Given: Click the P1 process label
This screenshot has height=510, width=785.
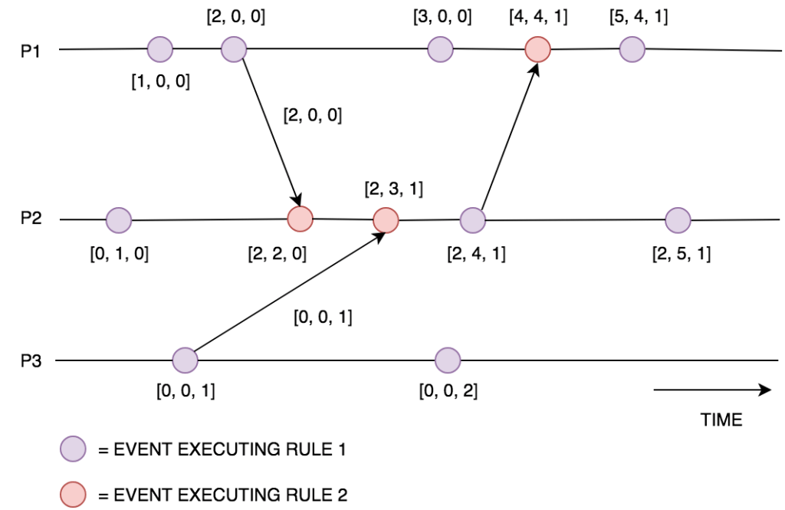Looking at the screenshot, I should tap(30, 51).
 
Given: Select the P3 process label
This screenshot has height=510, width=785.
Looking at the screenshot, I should tap(30, 360).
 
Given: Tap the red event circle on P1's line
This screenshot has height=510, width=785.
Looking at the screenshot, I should tap(538, 50).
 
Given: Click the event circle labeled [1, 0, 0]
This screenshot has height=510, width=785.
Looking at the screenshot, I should tap(160, 50).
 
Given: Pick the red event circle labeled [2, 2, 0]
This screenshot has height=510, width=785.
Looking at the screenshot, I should tap(299, 219).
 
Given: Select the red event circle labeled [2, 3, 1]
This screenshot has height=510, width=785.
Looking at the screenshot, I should tap(385, 221).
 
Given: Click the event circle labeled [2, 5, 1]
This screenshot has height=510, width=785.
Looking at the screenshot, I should tap(678, 220).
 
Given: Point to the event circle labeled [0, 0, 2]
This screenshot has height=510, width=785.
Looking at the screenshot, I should tap(447, 360).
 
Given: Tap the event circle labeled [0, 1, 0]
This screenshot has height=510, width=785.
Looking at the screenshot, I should tap(119, 220).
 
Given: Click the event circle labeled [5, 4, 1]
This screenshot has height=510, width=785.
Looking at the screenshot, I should tap(632, 50).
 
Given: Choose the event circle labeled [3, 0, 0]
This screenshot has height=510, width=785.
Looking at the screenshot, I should tap(439, 50).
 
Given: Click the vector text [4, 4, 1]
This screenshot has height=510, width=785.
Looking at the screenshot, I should tap(537, 16).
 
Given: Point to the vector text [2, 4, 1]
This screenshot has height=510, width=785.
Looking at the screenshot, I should tap(476, 254).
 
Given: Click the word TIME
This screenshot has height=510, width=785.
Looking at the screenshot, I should tap(721, 420).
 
